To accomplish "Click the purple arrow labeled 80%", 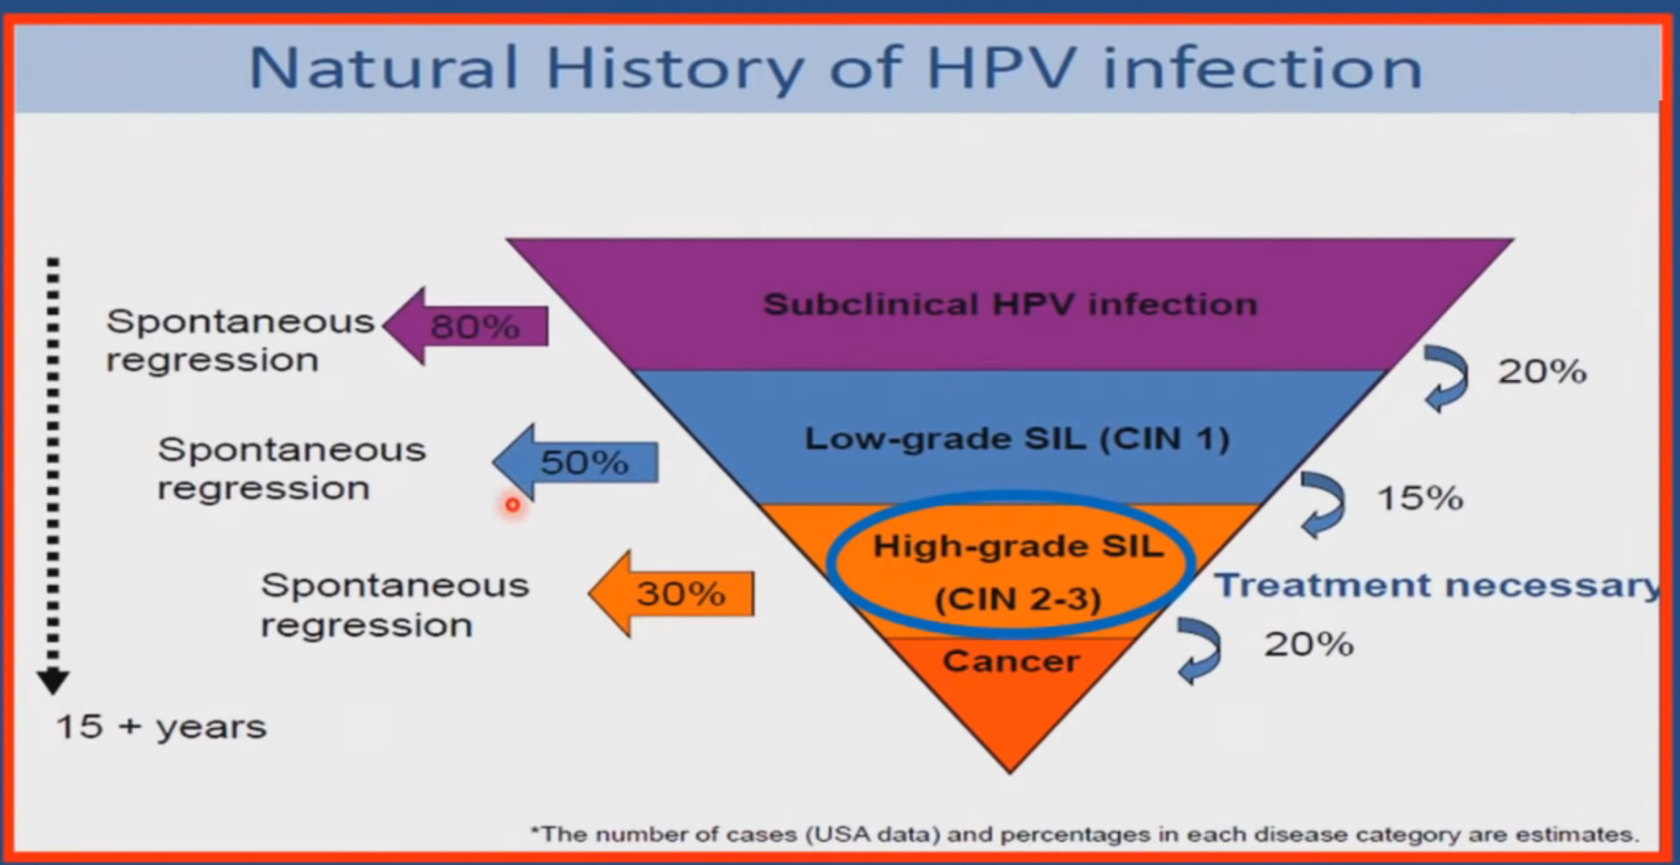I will pos(468,326).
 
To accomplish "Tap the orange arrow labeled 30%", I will pos(674,594).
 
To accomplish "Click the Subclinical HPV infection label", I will pos(1009,304).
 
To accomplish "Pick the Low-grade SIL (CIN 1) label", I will pos(1016,438).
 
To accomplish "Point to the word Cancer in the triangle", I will pos(1010,660).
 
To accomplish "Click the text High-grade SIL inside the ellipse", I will pos(1018,546).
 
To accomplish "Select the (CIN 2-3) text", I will pos(1018,599).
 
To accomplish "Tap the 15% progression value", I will pos(1420,498).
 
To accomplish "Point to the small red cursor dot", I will pos(512,504).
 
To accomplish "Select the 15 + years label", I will pos(161,727).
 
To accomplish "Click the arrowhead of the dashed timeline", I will pos(53,680).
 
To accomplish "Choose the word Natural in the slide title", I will pos(384,68).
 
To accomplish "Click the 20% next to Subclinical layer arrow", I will pos(1542,372).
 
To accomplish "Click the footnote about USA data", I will pos(1084,834).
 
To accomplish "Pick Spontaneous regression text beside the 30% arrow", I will pos(393,605).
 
